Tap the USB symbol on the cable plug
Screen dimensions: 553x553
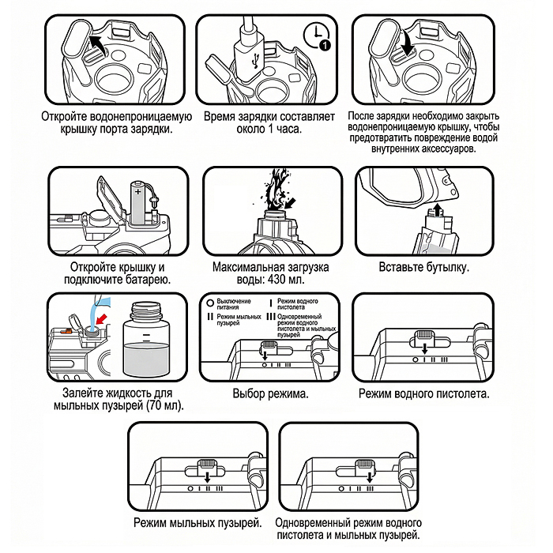point(250,58)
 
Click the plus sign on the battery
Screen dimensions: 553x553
point(139,190)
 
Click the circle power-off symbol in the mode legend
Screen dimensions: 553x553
point(209,303)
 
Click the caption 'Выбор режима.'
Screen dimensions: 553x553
point(270,393)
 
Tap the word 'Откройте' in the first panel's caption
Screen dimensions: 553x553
point(67,115)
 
